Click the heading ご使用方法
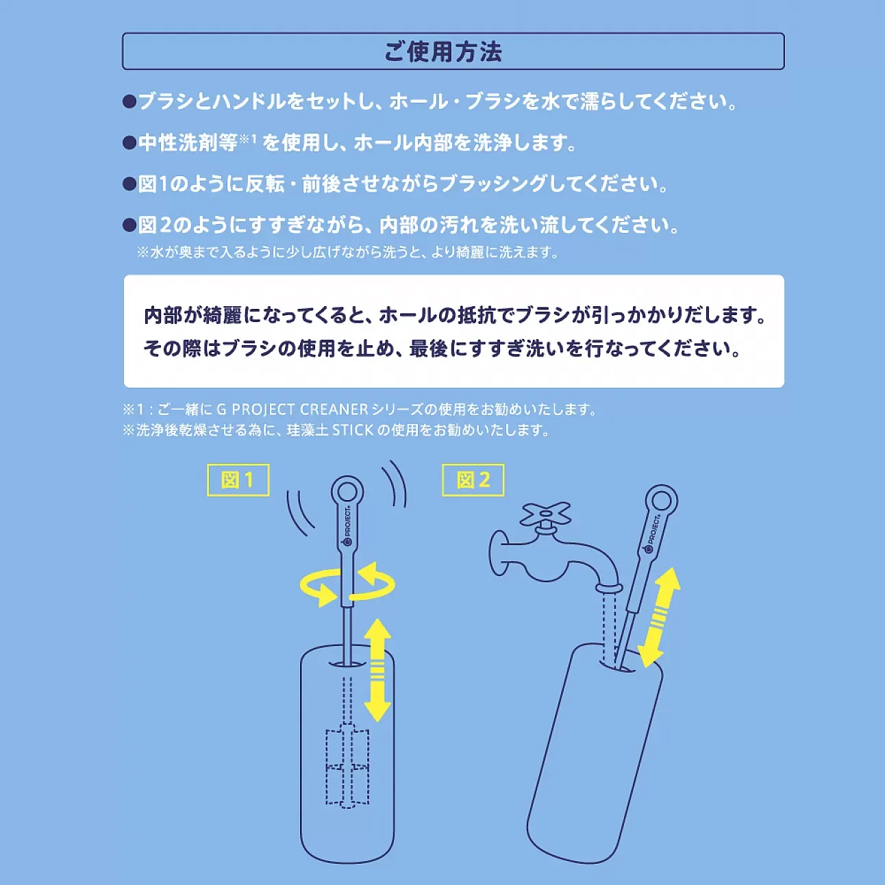[442, 52]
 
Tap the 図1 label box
[238, 479]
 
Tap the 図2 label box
[473, 479]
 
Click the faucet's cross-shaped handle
[545, 514]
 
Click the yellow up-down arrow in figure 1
[377, 669]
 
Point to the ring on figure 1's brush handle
[347, 491]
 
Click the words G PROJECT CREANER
[292, 410]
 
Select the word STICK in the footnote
[352, 430]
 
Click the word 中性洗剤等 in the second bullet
[188, 142]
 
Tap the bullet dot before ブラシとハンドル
[129, 102]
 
